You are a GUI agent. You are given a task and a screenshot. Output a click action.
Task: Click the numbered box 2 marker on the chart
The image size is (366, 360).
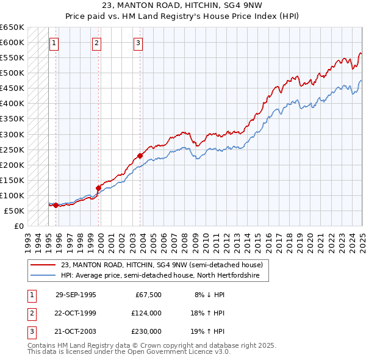(97, 43)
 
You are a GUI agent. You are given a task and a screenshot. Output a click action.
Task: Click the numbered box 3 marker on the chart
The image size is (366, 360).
(138, 43)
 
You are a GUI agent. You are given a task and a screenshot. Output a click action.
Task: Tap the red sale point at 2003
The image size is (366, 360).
(140, 156)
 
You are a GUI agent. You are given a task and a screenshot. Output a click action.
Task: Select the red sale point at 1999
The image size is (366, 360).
(98, 188)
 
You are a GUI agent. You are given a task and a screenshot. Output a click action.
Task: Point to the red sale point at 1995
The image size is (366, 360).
(56, 205)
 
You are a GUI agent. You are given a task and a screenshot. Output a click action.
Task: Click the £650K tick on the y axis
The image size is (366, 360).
(12, 27)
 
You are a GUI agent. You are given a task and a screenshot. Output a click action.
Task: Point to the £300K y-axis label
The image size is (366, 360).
(12, 134)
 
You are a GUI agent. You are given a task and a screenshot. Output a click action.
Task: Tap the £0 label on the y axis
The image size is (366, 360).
(18, 226)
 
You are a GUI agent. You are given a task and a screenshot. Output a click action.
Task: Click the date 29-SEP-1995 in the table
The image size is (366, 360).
(76, 295)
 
